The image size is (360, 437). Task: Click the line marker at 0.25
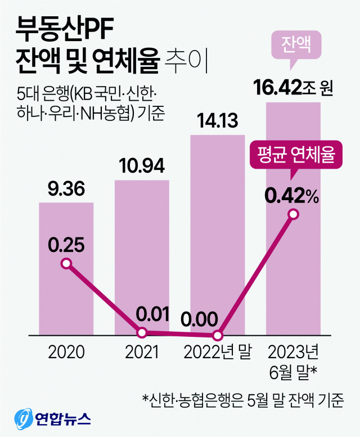66,264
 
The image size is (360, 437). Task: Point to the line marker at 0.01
142,333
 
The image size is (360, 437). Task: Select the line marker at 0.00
218,336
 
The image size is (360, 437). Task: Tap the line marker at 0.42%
293,214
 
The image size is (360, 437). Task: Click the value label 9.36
66,190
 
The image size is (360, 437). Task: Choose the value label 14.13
218,120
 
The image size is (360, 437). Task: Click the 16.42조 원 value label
294,88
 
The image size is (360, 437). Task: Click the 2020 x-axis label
66,353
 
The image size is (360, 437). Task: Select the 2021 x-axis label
142,353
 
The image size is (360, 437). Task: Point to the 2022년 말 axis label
218,353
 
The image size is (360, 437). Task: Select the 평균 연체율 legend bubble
296,155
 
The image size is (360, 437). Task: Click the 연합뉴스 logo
53,419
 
